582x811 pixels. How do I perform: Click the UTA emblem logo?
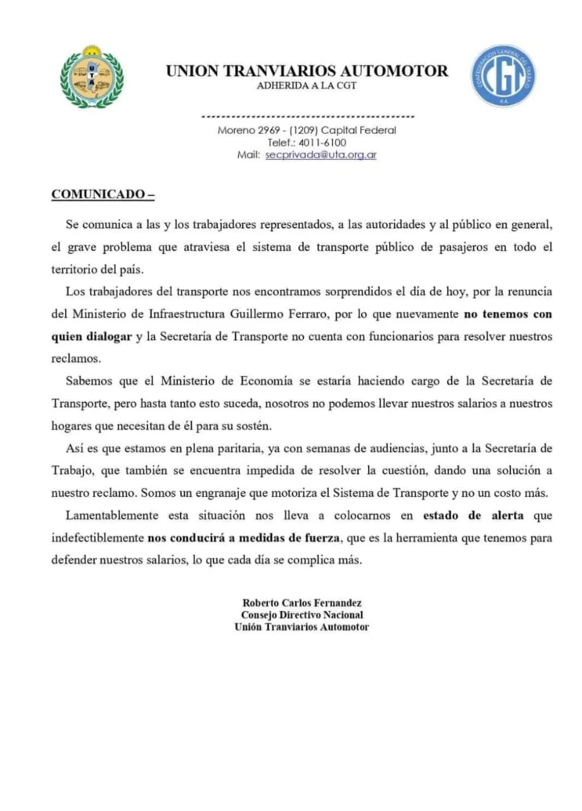point(92,77)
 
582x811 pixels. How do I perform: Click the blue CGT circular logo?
point(503,76)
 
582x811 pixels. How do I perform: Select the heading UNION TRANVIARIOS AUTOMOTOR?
point(307,71)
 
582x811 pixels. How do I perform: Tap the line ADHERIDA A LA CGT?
point(307,86)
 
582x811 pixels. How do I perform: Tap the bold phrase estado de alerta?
point(473,515)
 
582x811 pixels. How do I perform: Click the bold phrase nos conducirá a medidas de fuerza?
point(244,539)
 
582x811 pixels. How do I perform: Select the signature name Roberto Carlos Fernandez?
point(301,603)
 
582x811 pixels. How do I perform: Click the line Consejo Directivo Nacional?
point(301,615)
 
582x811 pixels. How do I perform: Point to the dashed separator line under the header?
point(307,117)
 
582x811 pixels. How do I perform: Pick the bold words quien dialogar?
point(91,336)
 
